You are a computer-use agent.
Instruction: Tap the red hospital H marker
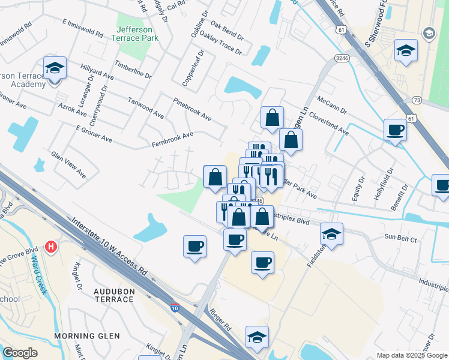coord(52,247)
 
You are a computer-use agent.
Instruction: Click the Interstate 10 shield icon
coord(174,307)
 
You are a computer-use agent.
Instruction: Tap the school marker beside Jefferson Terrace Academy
coord(55,68)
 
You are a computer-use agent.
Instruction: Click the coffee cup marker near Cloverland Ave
coord(396,130)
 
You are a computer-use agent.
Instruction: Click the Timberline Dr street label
coord(133,70)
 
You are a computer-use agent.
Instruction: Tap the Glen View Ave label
coord(68,166)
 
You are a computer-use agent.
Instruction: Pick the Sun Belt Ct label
coord(402,238)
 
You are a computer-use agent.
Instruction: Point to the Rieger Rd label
coord(220,320)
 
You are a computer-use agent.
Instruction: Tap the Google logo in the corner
coord(20,353)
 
